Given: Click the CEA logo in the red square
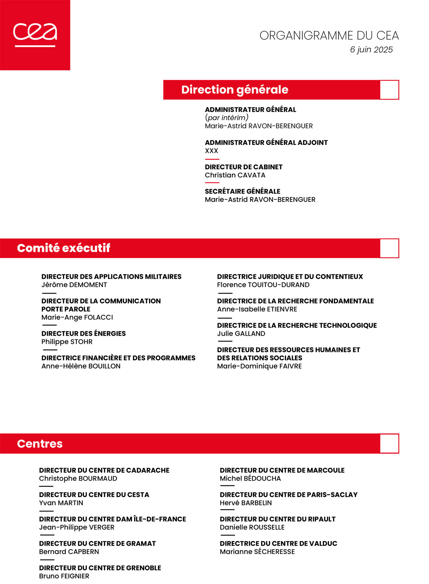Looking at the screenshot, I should point(35,35).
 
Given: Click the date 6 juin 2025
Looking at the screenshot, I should point(371,50).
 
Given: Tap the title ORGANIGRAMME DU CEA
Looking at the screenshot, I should point(329,36).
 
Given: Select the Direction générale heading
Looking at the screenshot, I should point(235,89).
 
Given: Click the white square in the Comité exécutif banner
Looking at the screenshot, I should point(389,248).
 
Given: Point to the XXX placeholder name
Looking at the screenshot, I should point(211,151).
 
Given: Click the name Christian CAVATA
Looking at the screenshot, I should point(235,175).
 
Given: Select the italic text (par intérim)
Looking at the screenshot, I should point(226,118).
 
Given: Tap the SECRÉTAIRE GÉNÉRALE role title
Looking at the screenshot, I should point(242,191).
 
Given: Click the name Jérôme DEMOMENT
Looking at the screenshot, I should point(74,285).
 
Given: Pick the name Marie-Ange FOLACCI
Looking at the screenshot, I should point(77,317).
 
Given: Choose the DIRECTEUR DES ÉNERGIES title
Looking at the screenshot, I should point(83,334).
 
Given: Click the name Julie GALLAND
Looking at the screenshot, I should point(241,334).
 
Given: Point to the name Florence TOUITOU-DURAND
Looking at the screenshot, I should point(263,285).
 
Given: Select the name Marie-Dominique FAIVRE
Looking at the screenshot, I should point(259,366).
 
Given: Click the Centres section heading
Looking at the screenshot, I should point(40,444).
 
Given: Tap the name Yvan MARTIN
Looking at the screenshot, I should point(61,503).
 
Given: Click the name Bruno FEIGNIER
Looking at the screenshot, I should point(64,576).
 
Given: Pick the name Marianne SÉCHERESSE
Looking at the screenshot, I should point(257,552).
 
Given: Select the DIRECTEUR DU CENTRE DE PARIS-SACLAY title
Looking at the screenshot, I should point(289,495).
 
